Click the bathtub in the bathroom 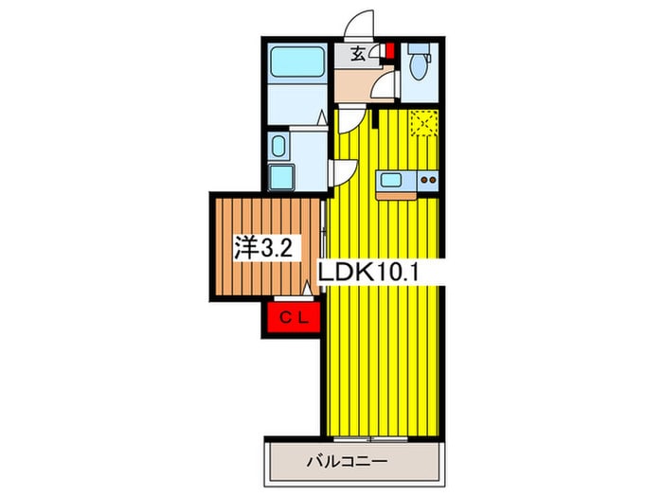pos(297,62)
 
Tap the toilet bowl pos(419,67)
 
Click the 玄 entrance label pos(358,54)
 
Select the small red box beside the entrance pos(390,51)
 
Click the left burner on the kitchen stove pos(423,181)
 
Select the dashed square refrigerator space pos(424,123)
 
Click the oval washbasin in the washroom pos(278,146)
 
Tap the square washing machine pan pos(281,177)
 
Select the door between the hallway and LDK pos(351,119)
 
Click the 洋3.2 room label pos(263,248)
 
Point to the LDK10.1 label pos(367,273)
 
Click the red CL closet pos(294,317)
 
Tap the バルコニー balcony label pos(347,461)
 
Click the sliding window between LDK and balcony pos(371,439)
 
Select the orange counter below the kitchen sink pos(396,196)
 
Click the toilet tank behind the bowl pos(419,48)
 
